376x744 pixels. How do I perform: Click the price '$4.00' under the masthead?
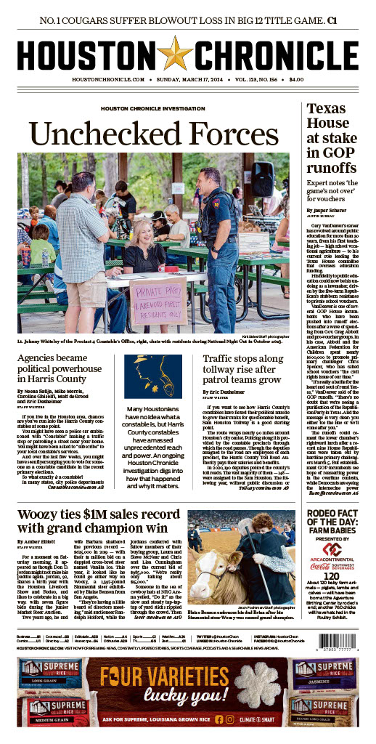(295, 78)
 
